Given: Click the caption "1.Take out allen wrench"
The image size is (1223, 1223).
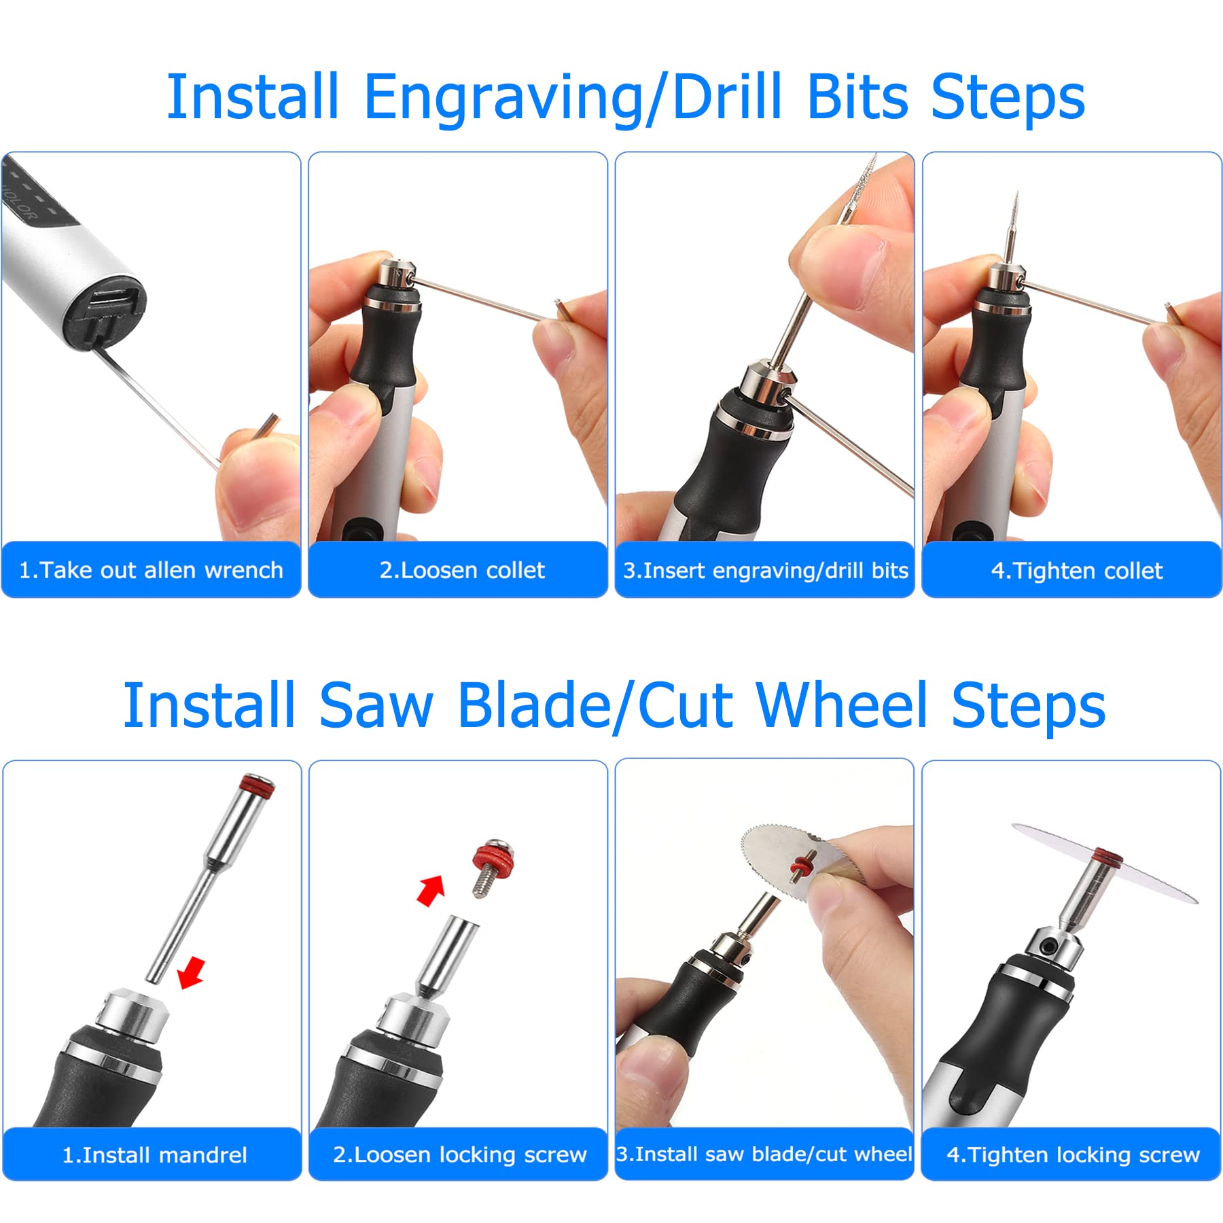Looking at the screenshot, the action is [151, 570].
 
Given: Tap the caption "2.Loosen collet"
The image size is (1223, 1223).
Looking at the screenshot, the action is [462, 570].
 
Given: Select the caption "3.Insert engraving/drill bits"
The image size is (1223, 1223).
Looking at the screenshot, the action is [766, 571].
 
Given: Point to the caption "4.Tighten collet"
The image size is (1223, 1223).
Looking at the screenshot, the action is [1077, 571].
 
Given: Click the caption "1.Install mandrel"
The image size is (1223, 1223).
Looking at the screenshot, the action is [154, 1154].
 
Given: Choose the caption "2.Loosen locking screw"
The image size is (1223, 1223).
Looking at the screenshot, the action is [460, 1154].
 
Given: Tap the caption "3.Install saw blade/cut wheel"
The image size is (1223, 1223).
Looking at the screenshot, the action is [764, 1154].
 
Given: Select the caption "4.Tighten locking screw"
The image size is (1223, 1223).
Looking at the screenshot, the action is [1074, 1154].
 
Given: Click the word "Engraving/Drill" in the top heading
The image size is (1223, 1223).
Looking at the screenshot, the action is [572, 99].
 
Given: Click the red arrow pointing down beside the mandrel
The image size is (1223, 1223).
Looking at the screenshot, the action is [191, 972].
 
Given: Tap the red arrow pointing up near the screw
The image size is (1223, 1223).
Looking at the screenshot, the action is [430, 890].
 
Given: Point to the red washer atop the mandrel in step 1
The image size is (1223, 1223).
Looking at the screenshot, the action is [259, 790].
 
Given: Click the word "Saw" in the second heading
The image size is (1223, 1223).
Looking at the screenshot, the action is [376, 706].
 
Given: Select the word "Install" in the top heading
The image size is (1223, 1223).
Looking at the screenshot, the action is [253, 97].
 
